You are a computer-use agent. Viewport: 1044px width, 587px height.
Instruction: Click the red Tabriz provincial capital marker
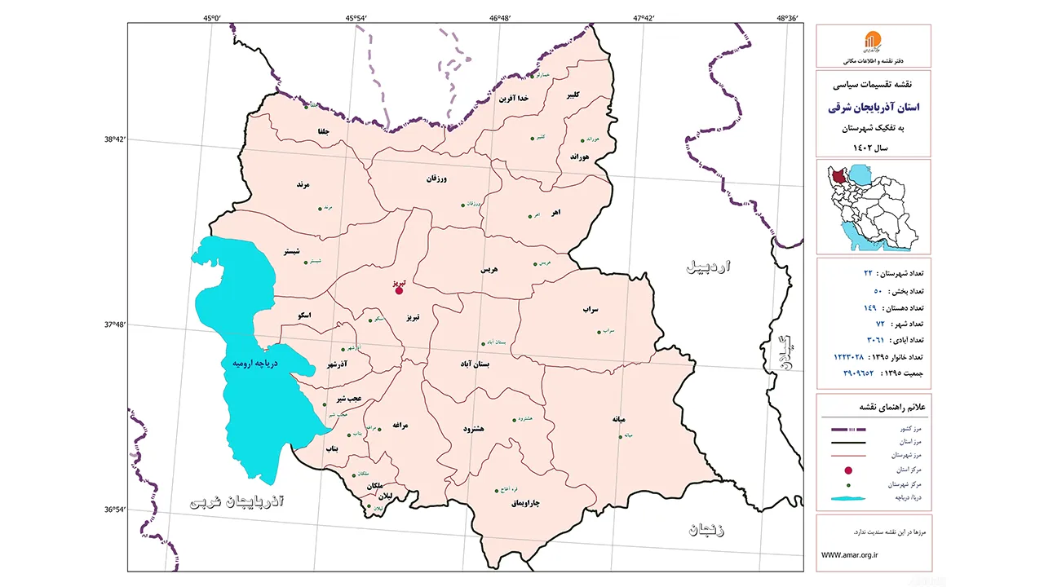tap(399, 290)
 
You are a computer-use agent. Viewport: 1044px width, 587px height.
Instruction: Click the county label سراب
tap(591, 310)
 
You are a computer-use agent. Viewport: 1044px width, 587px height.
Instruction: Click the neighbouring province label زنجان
tap(706, 530)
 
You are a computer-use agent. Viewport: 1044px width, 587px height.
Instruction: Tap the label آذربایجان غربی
tap(237, 500)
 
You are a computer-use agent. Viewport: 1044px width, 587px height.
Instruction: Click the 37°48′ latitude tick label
tap(114, 324)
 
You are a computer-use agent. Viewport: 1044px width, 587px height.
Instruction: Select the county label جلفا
tap(328, 130)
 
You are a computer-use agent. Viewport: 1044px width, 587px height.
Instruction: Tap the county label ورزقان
tap(437, 178)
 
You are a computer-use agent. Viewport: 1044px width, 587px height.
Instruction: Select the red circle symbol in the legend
tap(848, 470)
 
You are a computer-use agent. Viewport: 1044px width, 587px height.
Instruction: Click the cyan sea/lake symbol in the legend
tap(848, 497)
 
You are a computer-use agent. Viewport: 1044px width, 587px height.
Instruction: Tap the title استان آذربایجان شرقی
tap(874, 107)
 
